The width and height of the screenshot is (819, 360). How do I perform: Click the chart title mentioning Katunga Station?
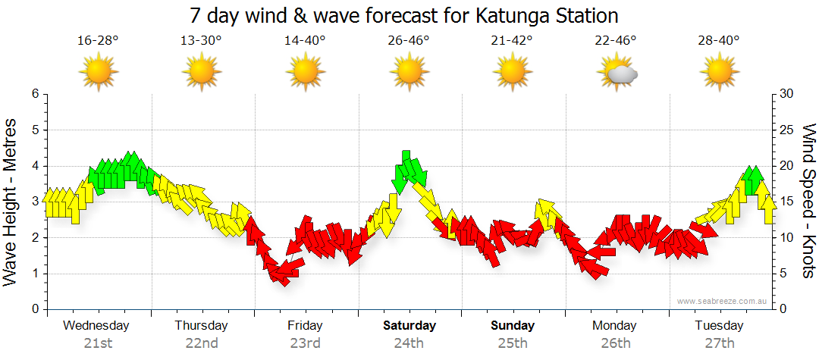click(403, 15)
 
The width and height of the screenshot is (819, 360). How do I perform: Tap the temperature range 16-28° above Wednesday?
click(98, 40)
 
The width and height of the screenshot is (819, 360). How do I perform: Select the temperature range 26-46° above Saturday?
click(409, 40)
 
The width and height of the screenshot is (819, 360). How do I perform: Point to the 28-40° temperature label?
click(719, 40)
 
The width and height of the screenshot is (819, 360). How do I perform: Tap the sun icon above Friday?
click(305, 73)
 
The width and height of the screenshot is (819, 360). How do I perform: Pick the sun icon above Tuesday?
click(719, 73)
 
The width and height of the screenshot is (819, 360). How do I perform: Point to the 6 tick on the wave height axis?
click(34, 94)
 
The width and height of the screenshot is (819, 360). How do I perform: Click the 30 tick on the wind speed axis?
click(786, 94)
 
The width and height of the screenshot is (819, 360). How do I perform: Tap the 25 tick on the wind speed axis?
click(786, 130)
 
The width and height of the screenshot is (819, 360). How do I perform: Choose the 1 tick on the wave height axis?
click(34, 274)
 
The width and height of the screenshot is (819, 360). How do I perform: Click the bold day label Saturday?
click(409, 326)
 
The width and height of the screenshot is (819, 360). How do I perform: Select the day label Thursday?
click(201, 326)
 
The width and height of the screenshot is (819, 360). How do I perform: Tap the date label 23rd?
click(305, 343)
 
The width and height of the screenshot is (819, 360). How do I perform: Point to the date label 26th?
click(615, 343)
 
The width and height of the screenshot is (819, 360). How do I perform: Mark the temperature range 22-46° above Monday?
click(615, 40)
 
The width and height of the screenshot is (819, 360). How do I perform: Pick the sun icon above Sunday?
click(512, 73)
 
